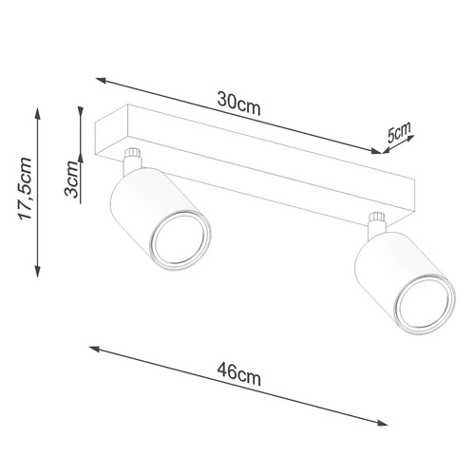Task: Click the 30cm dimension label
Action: [238, 104]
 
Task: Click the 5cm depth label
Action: [398, 132]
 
